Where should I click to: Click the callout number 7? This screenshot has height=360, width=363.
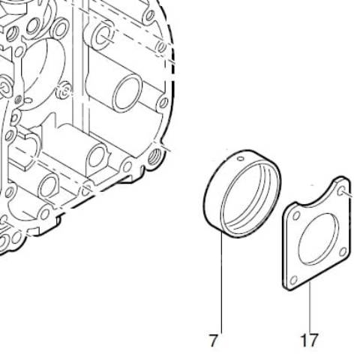[213, 340]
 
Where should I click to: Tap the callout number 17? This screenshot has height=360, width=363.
[309, 340]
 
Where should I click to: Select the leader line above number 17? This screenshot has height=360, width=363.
[310, 307]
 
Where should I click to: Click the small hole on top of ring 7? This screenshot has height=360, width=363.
[241, 158]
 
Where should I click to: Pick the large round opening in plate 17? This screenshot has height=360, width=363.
[319, 238]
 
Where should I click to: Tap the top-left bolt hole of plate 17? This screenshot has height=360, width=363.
[296, 216]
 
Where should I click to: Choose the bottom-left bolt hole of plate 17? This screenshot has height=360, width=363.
[294, 280]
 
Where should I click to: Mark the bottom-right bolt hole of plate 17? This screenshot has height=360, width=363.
[343, 252]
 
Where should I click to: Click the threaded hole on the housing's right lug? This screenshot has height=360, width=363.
[154, 157]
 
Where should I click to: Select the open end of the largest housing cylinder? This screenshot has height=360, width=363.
[127, 93]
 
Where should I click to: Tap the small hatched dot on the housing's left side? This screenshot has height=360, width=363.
[18, 100]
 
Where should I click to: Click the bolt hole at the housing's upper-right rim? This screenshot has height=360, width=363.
[149, 16]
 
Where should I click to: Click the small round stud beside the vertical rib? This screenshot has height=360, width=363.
[64, 91]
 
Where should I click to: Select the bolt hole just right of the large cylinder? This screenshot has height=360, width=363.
[163, 103]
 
